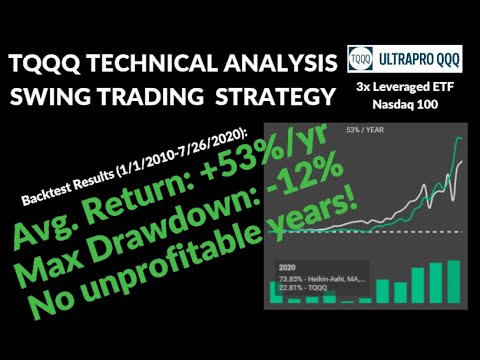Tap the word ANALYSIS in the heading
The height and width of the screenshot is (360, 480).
pyautogui.click(x=274, y=65)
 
